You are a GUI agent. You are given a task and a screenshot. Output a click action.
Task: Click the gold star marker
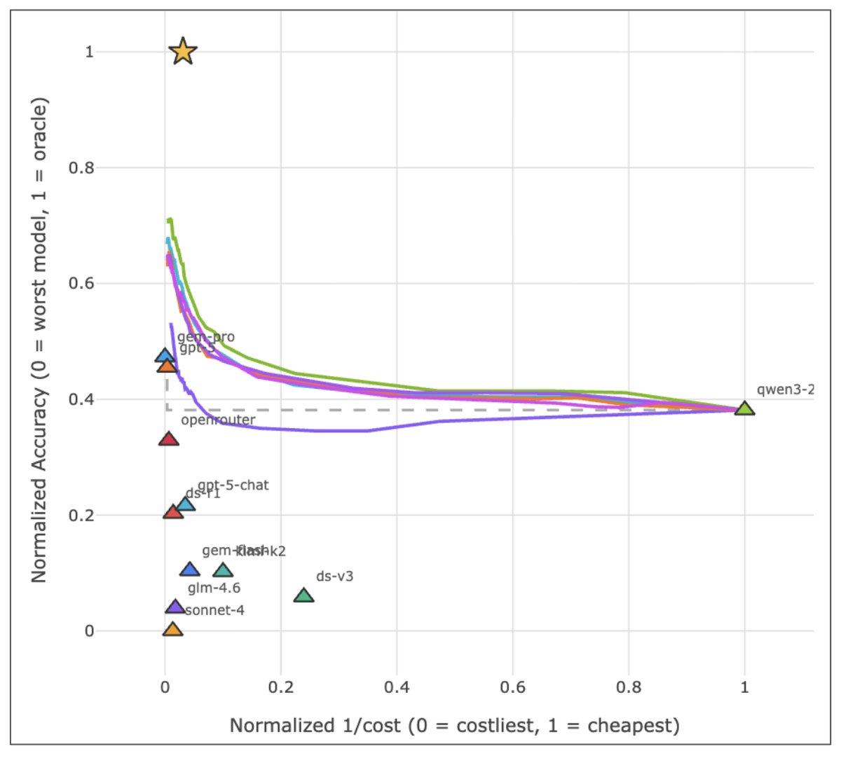click(183, 51)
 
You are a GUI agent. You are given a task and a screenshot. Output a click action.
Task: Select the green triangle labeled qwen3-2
click(744, 408)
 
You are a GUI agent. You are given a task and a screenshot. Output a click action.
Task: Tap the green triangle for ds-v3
click(303, 595)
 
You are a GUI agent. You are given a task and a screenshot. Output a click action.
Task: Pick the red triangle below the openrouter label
click(168, 439)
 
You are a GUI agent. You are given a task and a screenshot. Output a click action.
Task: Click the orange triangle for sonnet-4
click(172, 629)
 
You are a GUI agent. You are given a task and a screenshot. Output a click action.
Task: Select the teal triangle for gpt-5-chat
click(185, 504)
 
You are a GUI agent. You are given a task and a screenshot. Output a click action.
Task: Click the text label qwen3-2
click(785, 390)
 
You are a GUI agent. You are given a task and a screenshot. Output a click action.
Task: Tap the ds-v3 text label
click(334, 577)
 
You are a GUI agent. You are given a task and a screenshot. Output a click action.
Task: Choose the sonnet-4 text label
click(214, 610)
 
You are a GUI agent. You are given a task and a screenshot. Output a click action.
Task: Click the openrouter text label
click(218, 420)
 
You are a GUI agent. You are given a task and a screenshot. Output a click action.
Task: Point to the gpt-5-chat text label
click(233, 485)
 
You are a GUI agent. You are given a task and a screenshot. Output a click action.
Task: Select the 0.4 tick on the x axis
click(397, 687)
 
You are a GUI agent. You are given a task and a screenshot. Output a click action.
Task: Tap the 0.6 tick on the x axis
click(512, 687)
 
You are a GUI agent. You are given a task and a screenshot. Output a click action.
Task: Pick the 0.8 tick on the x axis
click(629, 687)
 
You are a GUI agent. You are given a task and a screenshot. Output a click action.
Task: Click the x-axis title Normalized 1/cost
click(454, 725)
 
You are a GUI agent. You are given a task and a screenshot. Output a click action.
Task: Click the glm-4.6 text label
click(214, 588)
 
